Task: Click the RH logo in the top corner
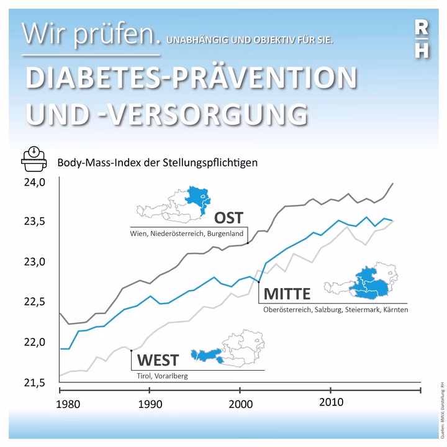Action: (x=421, y=38)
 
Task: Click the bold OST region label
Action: (x=228, y=218)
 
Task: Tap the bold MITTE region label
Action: (x=287, y=293)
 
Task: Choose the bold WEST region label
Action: (x=157, y=360)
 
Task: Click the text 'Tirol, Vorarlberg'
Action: (x=162, y=376)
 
